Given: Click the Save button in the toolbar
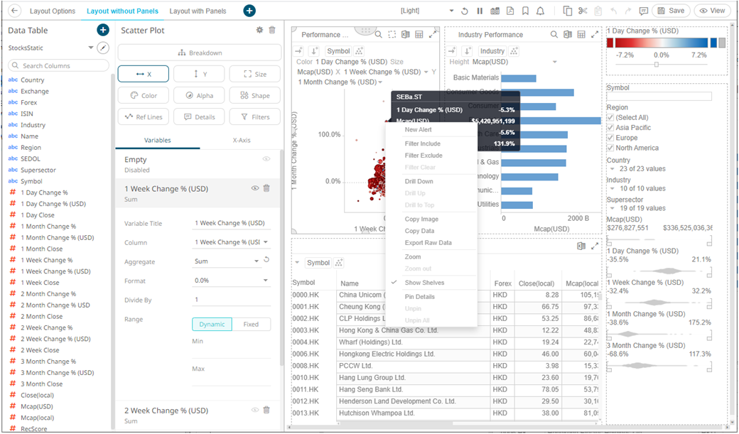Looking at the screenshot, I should (670, 11).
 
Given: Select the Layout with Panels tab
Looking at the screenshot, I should (198, 11).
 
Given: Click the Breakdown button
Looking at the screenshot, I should (200, 53).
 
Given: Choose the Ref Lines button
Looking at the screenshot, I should (144, 116).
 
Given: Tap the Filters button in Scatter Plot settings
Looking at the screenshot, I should (254, 116).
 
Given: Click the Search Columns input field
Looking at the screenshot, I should (63, 65).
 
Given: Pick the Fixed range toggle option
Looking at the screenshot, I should (251, 324).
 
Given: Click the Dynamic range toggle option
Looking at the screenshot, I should (212, 324).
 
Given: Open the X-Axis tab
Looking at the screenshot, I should (242, 141).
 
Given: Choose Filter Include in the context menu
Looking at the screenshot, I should (423, 144).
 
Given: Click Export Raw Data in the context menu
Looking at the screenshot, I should (428, 243).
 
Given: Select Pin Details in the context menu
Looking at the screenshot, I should (419, 297).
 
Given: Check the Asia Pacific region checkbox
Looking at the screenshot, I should (610, 128).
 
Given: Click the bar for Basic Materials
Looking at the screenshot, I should (519, 78).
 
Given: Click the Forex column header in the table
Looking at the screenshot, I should (502, 283).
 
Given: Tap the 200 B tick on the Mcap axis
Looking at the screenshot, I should (581, 218).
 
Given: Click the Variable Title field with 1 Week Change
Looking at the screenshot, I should (230, 223).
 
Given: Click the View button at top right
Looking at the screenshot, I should (713, 11).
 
